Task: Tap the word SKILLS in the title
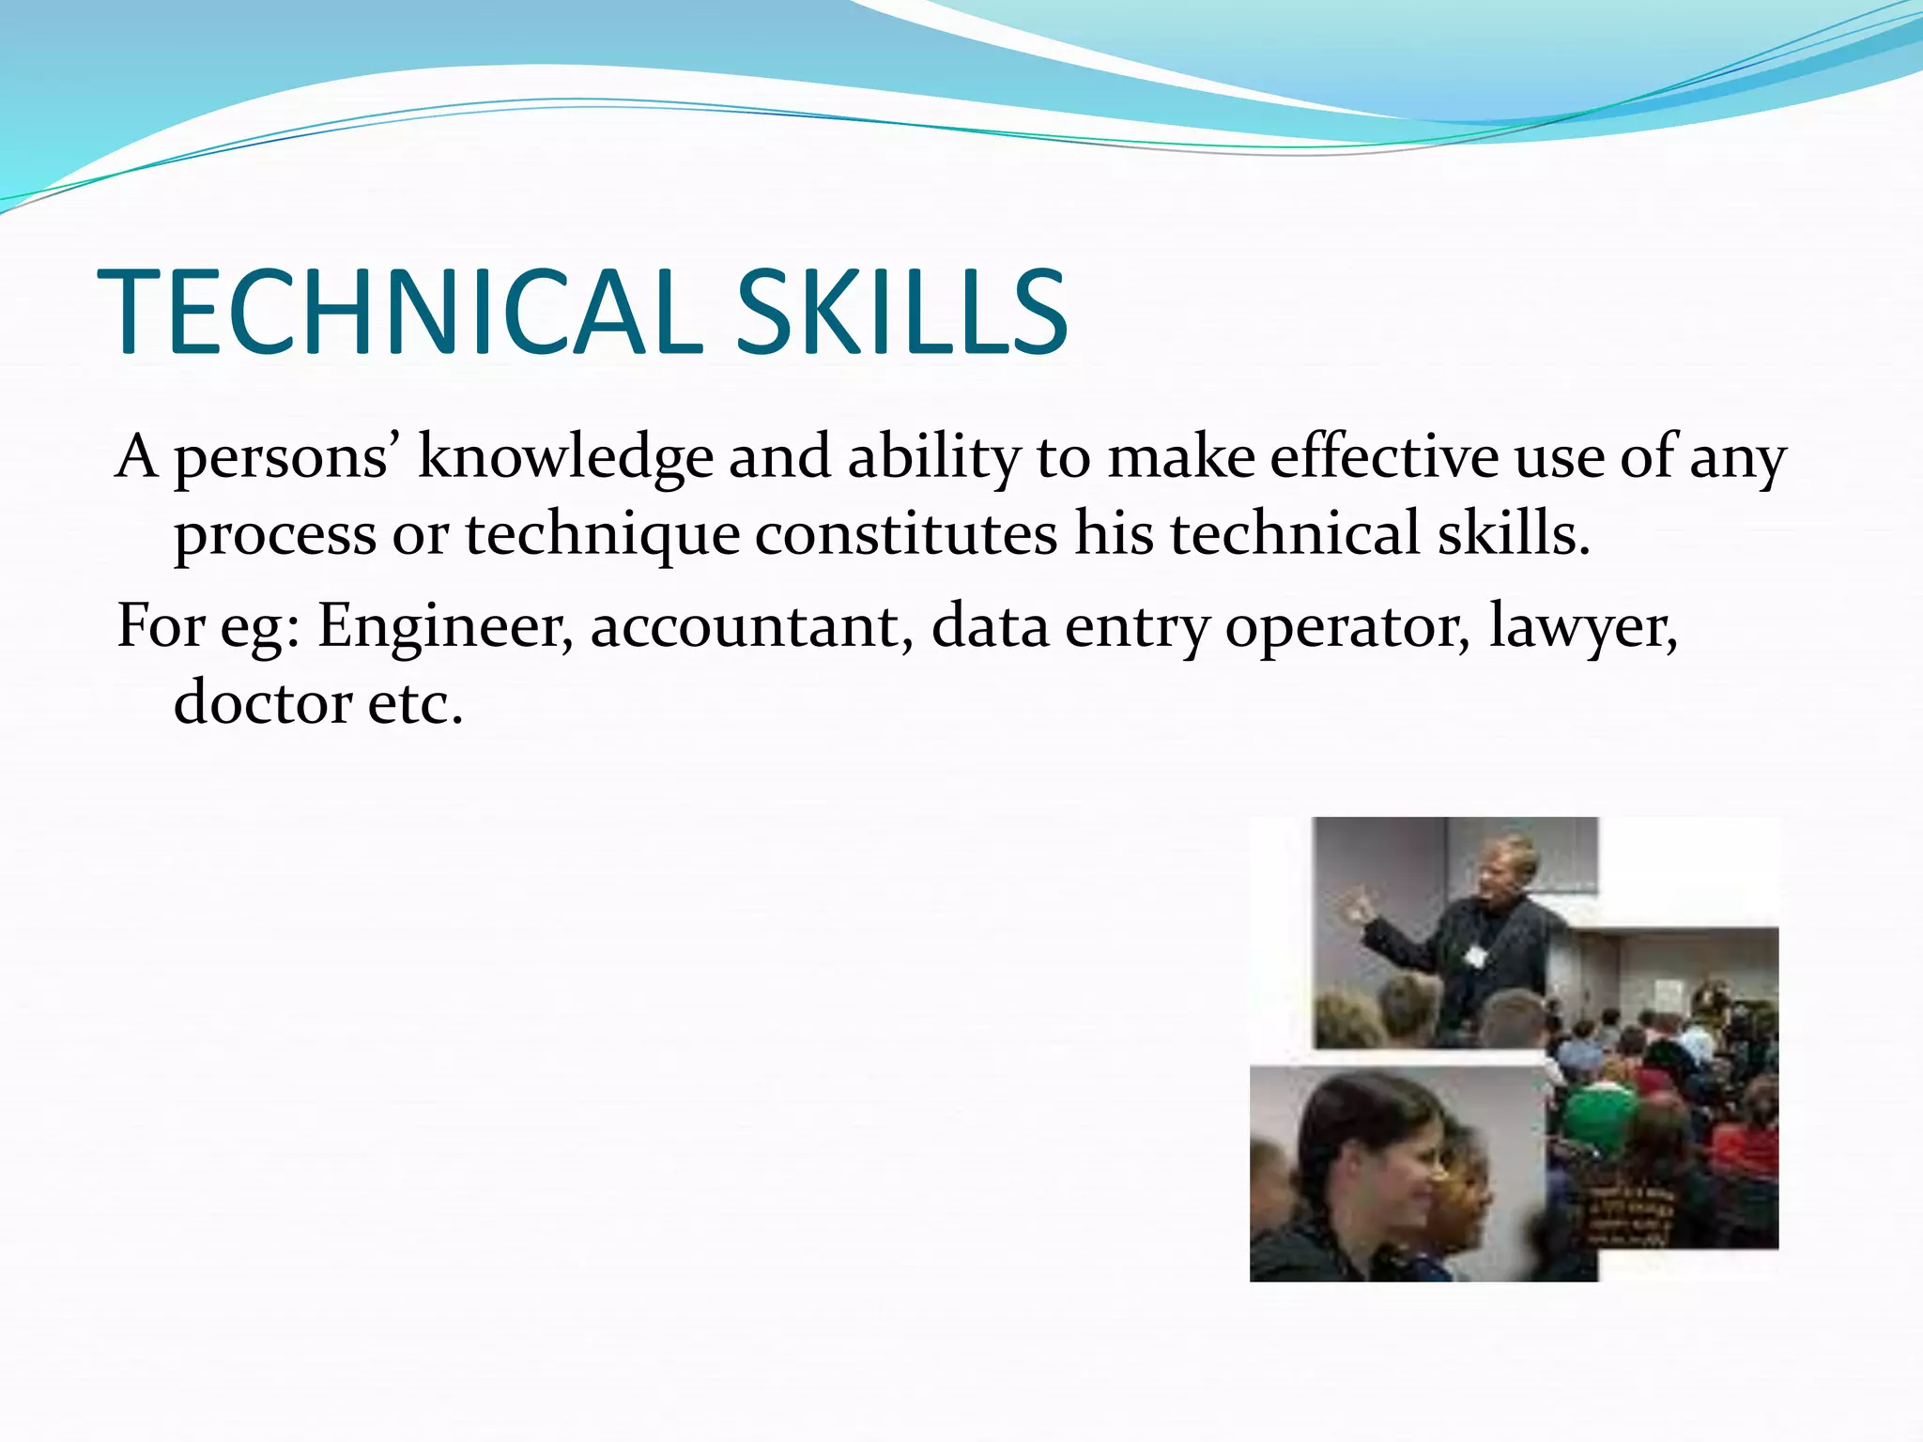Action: pyautogui.click(x=900, y=313)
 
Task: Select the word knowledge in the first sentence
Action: pyautogui.click(x=565, y=457)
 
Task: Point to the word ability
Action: pyautogui.click(x=933, y=457)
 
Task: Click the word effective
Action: pyautogui.click(x=1384, y=457)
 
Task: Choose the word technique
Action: pyautogui.click(x=602, y=534)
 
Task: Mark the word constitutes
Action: pyautogui.click(x=906, y=534)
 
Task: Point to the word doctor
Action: pyautogui.click(x=262, y=703)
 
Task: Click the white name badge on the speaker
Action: pyautogui.click(x=1475, y=957)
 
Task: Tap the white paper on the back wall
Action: pyautogui.click(x=1669, y=992)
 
